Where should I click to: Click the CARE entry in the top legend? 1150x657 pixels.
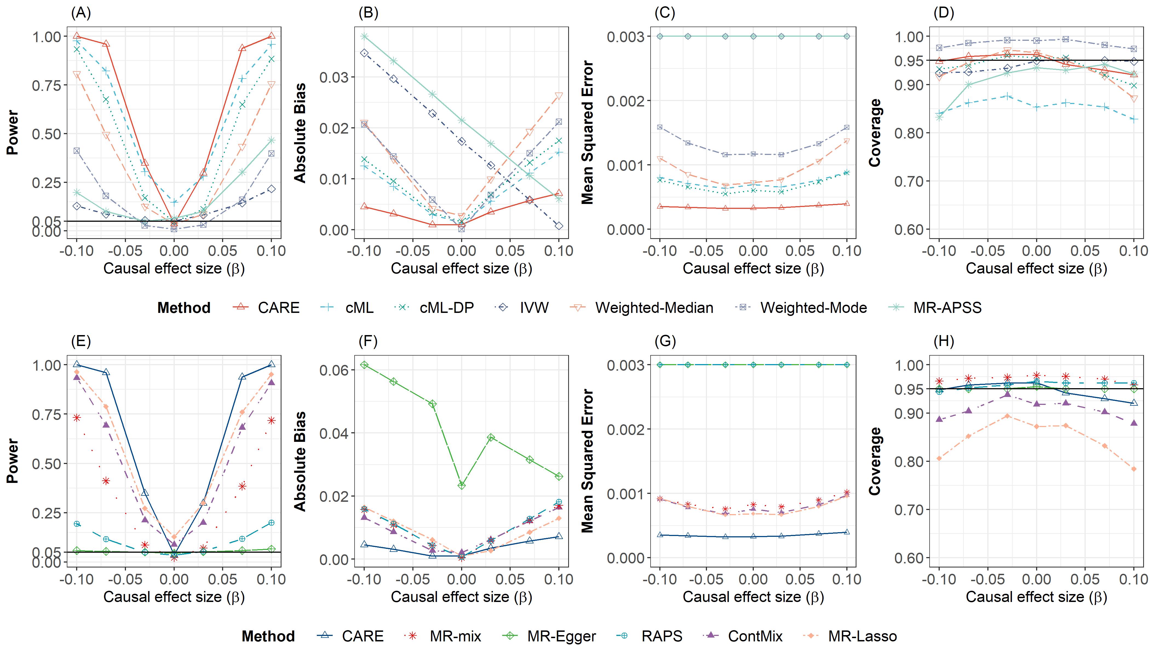click(278, 308)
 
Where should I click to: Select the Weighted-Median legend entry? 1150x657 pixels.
click(654, 308)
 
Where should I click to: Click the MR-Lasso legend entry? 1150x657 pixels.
click(862, 636)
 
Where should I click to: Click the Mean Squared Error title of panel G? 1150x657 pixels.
click(588, 461)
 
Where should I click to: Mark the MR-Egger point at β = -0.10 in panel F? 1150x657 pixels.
click(364, 365)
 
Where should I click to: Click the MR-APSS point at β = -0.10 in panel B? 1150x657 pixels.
click(364, 36)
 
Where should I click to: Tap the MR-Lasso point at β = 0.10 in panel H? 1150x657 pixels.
click(1134, 469)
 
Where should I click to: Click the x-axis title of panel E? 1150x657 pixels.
click(174, 597)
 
